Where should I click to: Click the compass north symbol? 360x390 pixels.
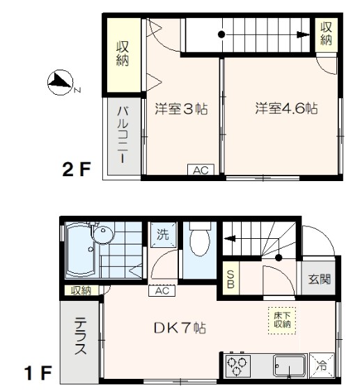[x=60, y=83]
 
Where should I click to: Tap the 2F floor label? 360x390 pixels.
[x=77, y=169]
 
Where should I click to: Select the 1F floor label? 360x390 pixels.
[x=38, y=373]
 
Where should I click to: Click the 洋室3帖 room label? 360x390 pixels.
[x=181, y=109]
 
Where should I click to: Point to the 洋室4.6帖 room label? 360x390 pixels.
[x=286, y=109]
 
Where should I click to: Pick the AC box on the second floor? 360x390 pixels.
[x=200, y=171]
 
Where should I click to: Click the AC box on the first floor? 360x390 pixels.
[x=162, y=291]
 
